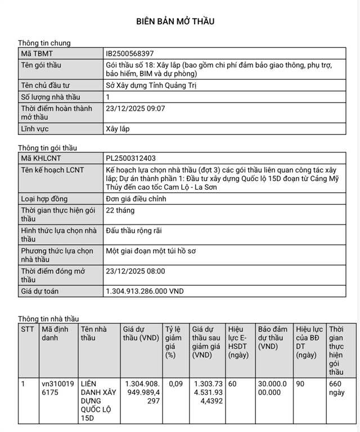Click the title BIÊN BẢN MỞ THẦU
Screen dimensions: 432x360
coord(175,21)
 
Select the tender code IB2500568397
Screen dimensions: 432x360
coord(130,53)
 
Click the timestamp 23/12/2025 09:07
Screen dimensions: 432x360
coord(136,108)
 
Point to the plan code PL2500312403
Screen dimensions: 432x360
coord(131,159)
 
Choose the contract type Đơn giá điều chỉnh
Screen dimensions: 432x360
coord(141,199)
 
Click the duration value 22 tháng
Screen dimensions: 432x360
coord(120,210)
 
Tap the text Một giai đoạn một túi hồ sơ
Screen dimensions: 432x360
coord(151,251)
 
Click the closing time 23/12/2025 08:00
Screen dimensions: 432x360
coord(136,271)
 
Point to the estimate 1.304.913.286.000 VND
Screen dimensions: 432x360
coord(145,291)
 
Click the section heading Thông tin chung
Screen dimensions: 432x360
coord(44,43)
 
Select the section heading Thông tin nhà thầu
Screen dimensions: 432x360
coord(48,318)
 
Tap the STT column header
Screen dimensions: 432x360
coord(28,328)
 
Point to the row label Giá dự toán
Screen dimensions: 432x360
coord(40,291)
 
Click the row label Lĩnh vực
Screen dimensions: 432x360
coord(35,129)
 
